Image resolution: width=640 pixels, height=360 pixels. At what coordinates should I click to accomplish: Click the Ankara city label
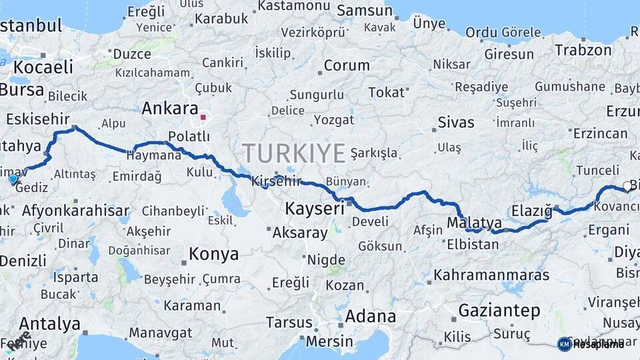click(171, 109)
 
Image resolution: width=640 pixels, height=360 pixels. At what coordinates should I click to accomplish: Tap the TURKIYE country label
click(294, 153)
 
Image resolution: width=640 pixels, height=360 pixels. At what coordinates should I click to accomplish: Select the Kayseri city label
click(314, 209)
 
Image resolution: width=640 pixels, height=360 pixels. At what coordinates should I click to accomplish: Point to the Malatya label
click(475, 223)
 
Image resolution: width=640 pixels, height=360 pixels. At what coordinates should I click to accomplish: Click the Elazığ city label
click(532, 212)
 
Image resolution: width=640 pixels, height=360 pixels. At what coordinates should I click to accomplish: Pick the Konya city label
click(213, 254)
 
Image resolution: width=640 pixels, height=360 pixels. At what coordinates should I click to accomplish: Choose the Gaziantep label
click(499, 311)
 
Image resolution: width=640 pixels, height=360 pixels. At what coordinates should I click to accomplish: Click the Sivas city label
click(456, 123)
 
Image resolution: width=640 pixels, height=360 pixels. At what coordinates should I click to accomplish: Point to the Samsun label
click(364, 11)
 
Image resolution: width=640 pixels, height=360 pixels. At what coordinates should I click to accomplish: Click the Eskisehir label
click(37, 119)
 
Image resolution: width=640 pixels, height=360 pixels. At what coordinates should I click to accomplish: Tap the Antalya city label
click(49, 325)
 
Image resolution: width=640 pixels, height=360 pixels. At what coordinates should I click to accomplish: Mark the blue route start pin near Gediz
click(13, 179)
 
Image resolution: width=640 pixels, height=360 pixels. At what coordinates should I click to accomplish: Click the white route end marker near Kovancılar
click(627, 186)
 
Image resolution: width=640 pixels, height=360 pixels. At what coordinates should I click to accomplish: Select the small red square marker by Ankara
click(204, 118)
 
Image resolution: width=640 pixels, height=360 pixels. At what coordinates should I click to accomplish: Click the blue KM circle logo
click(564, 344)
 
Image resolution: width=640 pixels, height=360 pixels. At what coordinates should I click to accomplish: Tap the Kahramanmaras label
click(491, 275)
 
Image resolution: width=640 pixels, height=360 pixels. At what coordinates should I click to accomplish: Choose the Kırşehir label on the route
click(277, 181)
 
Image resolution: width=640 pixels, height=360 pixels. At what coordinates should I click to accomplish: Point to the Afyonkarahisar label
click(75, 211)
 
